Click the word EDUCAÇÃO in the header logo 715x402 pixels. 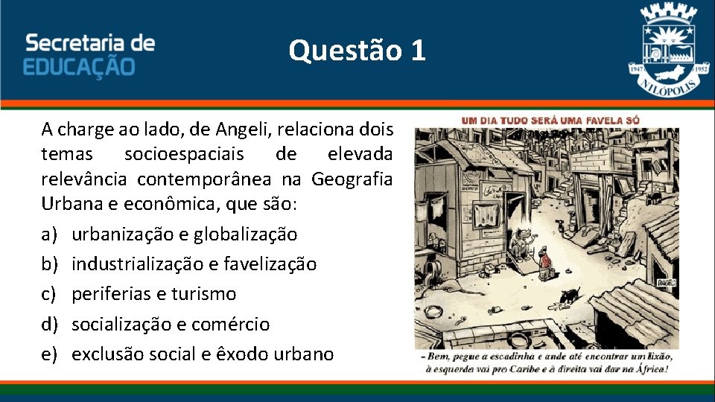[80, 66]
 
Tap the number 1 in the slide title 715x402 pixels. [417, 51]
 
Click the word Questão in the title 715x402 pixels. [343, 51]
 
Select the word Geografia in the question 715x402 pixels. [352, 180]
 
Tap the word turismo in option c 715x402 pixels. [203, 294]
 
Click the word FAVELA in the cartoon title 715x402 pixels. [608, 119]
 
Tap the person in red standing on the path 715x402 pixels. [544, 262]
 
